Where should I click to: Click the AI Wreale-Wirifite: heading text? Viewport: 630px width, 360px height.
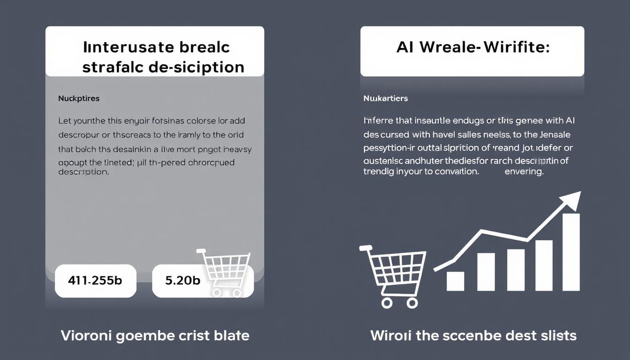[472, 47]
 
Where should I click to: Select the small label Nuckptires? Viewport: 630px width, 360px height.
[79, 98]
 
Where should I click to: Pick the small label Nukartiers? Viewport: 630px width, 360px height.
[385, 98]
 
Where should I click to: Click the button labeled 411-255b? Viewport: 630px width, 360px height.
[95, 280]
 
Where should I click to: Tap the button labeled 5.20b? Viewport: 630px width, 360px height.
[183, 280]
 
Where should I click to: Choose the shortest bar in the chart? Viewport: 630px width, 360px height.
[455, 281]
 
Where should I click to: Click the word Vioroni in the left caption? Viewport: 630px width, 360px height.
[88, 336]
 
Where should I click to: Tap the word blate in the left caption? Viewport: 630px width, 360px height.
[231, 336]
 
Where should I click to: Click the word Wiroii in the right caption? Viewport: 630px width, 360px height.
[390, 336]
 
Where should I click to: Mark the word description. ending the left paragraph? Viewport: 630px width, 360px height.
[83, 172]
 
